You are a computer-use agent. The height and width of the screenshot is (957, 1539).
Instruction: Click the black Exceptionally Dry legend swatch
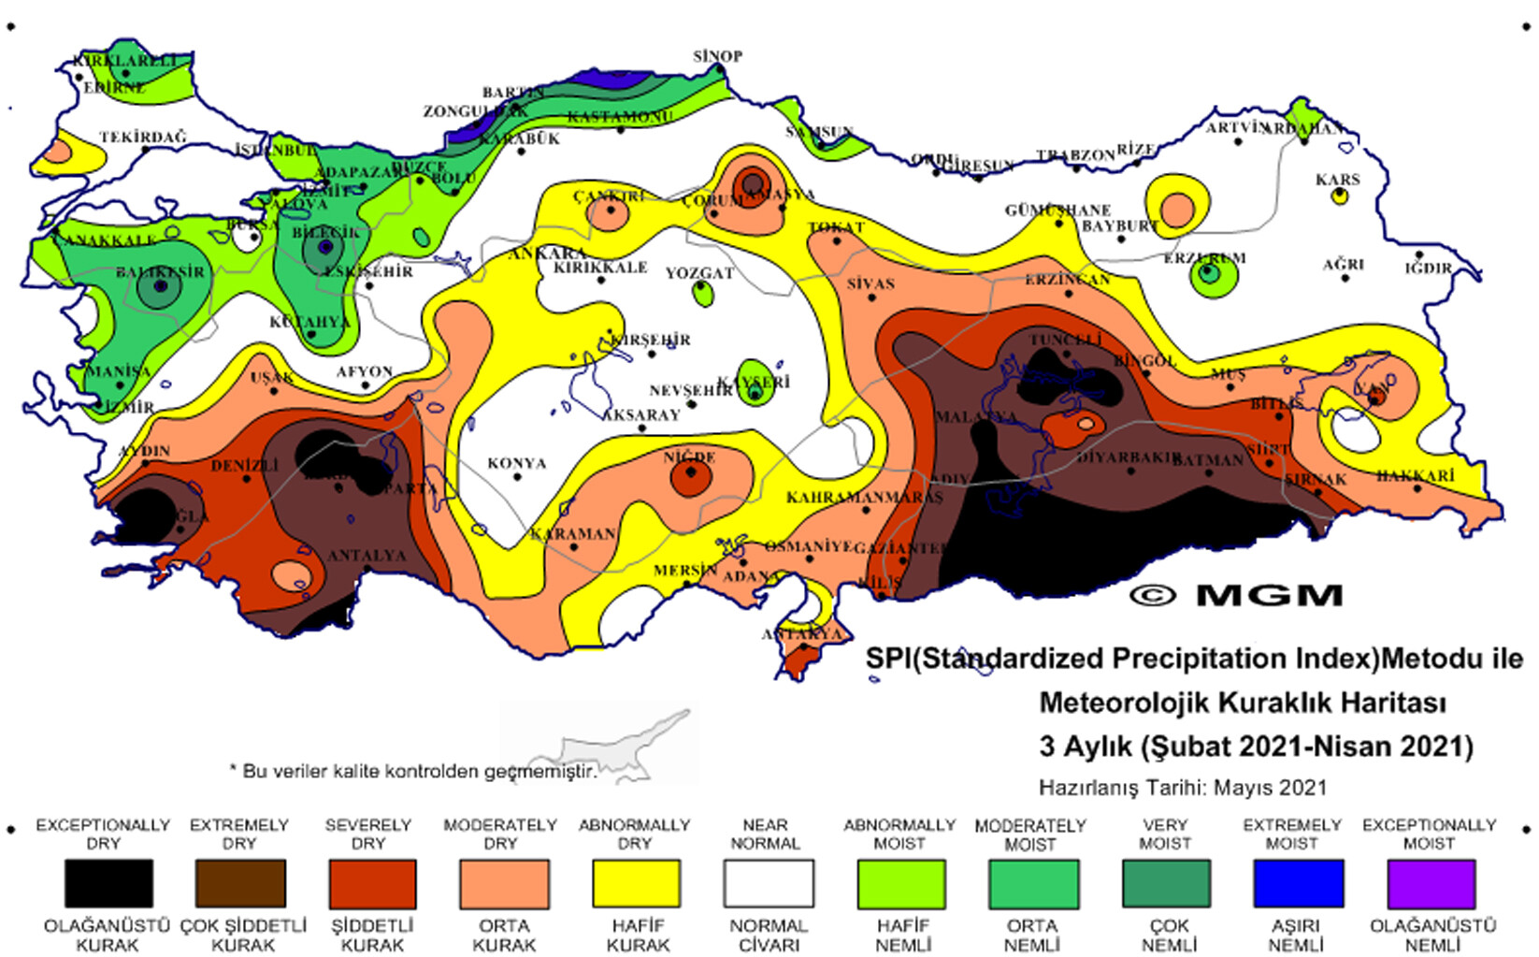point(108,884)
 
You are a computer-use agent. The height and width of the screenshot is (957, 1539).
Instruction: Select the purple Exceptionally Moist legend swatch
point(1431,884)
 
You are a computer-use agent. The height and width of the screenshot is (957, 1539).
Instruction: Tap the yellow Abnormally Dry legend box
point(636,884)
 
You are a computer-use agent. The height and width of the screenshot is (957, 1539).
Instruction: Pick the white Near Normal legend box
point(769,884)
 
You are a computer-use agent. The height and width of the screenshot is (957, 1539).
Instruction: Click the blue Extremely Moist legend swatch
point(1298,884)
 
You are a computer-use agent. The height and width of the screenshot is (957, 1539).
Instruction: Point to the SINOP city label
point(717,56)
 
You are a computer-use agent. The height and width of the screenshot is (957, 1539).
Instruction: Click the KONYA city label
point(516,463)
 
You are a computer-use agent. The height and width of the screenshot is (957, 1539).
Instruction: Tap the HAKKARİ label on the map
point(1415,476)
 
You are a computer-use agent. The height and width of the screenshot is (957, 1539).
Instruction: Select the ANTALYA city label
point(367,555)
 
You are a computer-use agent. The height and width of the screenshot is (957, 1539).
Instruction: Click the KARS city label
point(1337,179)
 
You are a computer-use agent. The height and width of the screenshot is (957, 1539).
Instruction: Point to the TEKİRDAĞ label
point(143,137)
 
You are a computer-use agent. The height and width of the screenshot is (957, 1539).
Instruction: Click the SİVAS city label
point(870,283)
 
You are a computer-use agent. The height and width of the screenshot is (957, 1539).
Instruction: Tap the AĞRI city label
point(1344,265)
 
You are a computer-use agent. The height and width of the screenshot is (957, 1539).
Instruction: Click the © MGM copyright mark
point(1235,595)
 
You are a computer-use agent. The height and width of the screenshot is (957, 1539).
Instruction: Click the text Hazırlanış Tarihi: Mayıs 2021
point(1182,787)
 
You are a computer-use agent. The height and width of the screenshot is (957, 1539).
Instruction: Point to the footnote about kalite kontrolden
point(412,771)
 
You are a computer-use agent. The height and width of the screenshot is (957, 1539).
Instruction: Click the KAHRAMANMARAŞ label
point(863,497)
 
